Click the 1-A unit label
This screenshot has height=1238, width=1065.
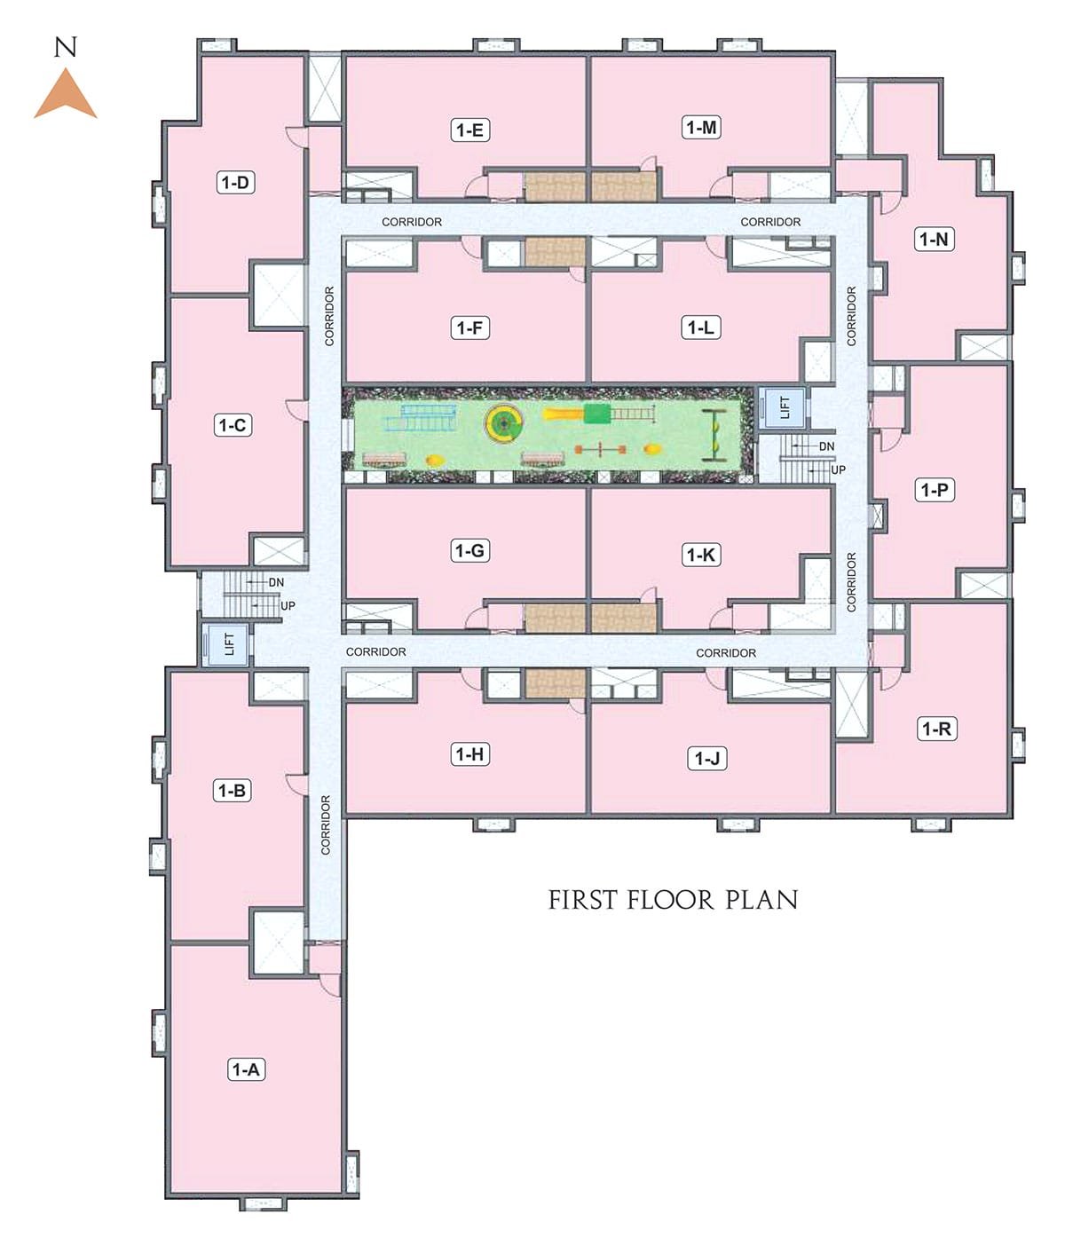coord(246,1069)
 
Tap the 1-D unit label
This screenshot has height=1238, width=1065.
coord(235,183)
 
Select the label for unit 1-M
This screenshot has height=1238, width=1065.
coord(701,128)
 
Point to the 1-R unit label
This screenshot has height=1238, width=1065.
coord(936,729)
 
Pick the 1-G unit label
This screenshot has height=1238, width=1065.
coord(469,550)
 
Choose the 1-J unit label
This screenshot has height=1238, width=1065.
coord(706,758)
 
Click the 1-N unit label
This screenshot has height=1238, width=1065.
coord(934,240)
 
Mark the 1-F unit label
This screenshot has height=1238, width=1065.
coord(469,327)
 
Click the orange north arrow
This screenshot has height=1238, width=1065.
coord(66,96)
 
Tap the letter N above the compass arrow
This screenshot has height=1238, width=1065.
coord(66,47)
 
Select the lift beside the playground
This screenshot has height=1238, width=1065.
coord(782,407)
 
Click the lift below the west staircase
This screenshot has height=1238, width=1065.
coord(225,644)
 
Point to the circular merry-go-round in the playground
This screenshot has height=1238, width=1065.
coord(504,423)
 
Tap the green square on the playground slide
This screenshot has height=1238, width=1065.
coord(596,414)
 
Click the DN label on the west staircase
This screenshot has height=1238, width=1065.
coord(276,582)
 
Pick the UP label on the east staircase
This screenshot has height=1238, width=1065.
coord(838,470)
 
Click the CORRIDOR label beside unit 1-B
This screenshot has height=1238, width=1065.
coord(326,824)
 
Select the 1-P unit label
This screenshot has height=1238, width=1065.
coord(935,491)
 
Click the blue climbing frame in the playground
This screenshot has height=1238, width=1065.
coord(422,417)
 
